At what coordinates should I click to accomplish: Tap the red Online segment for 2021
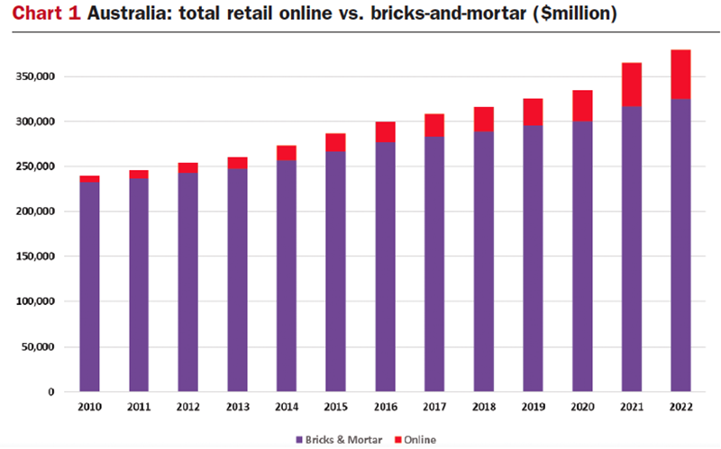(631, 85)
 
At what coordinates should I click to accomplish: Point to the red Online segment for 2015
(336, 142)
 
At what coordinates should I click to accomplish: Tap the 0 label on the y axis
(52, 391)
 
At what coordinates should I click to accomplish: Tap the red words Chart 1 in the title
(44, 15)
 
